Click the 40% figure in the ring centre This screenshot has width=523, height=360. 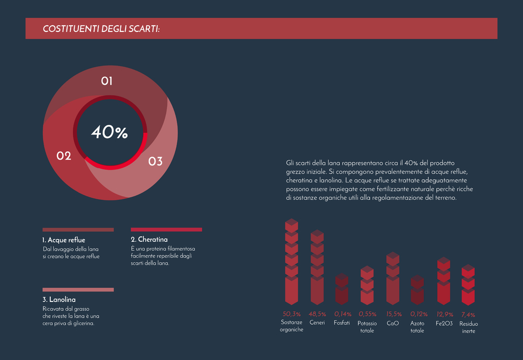point(109,132)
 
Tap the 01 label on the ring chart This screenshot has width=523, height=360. point(107,81)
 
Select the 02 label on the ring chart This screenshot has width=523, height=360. point(64,156)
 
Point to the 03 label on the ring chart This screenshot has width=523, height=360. point(155,162)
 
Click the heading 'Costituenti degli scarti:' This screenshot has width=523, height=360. point(101,28)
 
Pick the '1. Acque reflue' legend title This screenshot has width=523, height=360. point(64,240)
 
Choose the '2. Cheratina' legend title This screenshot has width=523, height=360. point(149,239)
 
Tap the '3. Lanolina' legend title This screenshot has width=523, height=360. point(59,300)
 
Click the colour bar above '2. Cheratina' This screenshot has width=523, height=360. point(166,229)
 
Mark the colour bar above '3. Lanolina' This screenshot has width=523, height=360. point(78,289)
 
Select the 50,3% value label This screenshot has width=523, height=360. point(291,314)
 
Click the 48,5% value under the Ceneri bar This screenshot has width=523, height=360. point(317,314)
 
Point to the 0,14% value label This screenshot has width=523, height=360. point(342,314)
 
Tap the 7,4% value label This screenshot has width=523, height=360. point(468,314)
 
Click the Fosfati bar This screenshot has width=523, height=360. point(342,289)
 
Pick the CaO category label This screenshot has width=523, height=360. point(393,323)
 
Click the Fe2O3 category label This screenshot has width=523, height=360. point(444,323)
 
